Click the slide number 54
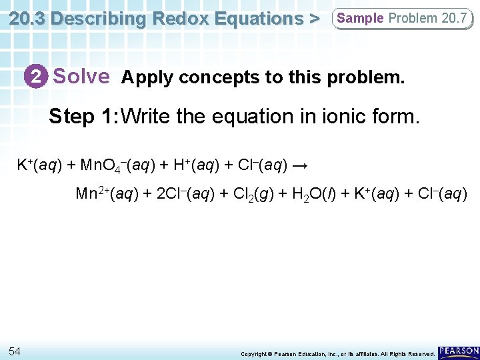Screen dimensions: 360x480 [15, 351]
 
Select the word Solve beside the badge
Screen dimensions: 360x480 [81, 77]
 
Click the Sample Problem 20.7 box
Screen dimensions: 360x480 [402, 19]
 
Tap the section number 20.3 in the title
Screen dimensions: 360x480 [27, 18]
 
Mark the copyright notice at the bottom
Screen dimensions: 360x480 [337, 353]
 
